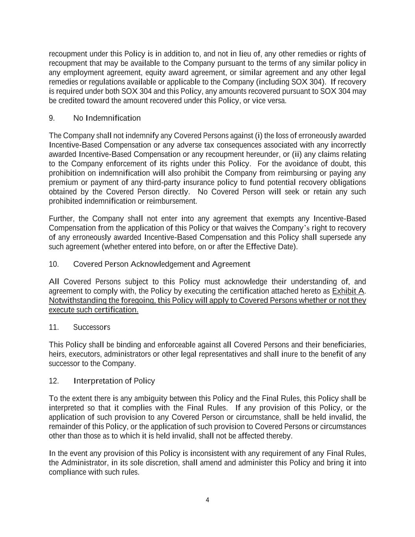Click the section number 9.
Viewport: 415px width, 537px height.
coord(52,118)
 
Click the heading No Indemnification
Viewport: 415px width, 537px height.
coord(107,118)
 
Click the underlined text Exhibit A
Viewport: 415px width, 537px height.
coord(348,291)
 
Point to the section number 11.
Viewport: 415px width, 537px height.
coord(54,327)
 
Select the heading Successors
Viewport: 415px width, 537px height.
coord(92,327)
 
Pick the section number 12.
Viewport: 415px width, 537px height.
coord(54,381)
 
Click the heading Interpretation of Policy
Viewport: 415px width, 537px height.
coord(114,381)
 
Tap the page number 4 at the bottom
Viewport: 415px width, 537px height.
coord(207,500)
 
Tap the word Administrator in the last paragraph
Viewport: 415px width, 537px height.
coord(83,463)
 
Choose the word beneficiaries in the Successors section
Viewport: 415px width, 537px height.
coord(343,345)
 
